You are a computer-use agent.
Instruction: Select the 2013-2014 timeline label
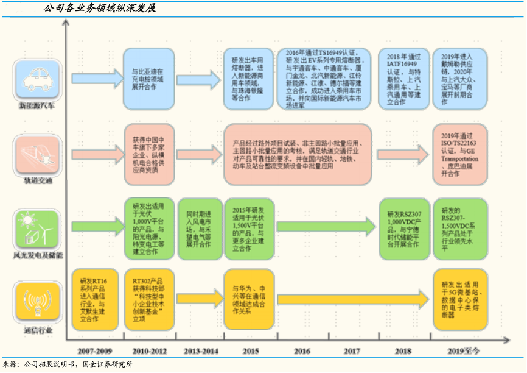click(201, 350)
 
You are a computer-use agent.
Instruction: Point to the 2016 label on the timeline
click(302, 350)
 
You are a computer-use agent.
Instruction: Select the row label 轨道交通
click(37, 180)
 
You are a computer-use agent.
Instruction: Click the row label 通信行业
click(38, 330)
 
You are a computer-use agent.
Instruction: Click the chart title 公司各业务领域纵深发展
click(100, 9)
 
